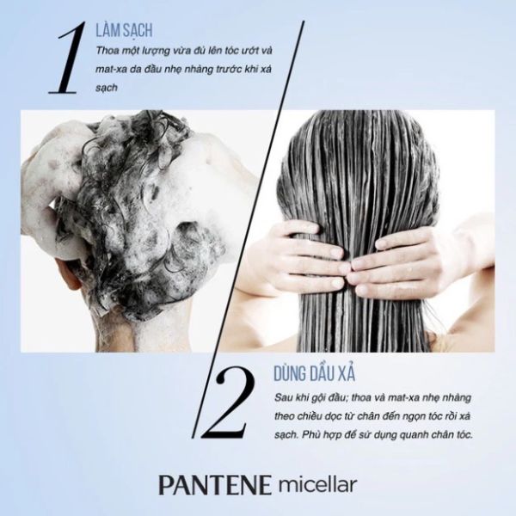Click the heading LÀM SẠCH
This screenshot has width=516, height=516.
[x=124, y=30]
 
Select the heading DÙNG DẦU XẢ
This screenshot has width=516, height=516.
[x=314, y=374]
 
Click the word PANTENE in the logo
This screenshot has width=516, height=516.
[x=215, y=485]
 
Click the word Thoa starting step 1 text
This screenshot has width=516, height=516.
[x=106, y=51]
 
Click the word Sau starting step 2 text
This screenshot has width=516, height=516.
[x=281, y=398]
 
